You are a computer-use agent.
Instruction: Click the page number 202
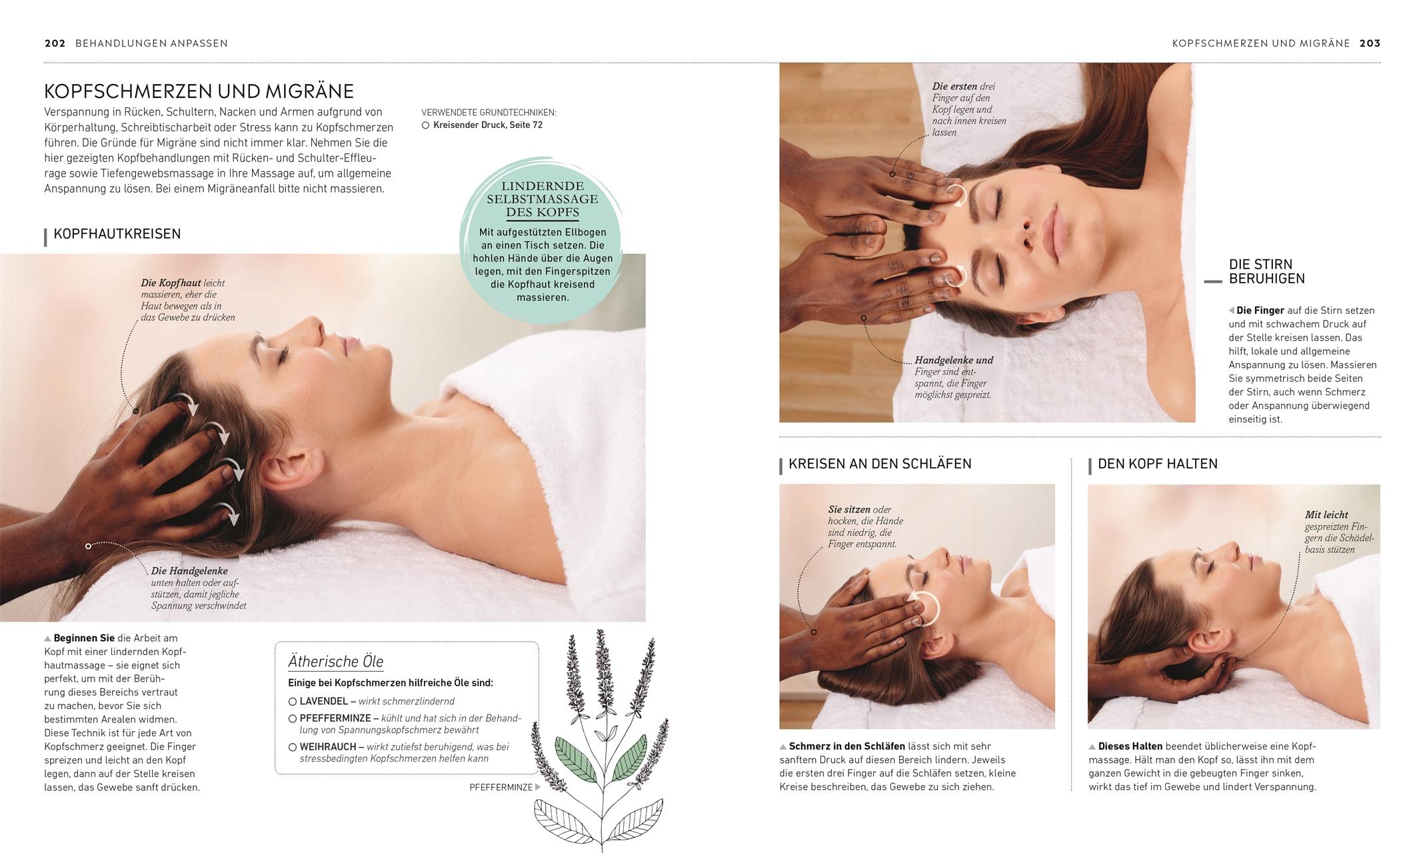click(55, 43)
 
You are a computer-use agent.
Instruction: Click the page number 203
click(1370, 43)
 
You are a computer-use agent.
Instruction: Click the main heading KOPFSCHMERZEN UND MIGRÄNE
click(199, 91)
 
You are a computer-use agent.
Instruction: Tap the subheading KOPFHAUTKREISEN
click(117, 234)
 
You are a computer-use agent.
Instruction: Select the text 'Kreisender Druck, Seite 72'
click(487, 125)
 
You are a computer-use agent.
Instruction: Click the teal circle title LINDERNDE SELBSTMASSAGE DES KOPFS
click(542, 199)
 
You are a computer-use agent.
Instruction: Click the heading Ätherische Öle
click(335, 662)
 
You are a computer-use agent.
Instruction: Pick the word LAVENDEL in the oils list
click(323, 702)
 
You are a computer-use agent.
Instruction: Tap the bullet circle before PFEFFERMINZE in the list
click(292, 718)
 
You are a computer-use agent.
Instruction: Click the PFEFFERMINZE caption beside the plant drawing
click(501, 788)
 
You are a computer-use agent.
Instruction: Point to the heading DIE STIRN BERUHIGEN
click(1266, 272)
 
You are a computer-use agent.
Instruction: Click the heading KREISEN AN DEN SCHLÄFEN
click(879, 464)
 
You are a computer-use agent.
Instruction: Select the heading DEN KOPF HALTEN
click(1157, 464)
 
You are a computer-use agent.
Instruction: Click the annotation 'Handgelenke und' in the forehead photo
click(953, 361)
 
